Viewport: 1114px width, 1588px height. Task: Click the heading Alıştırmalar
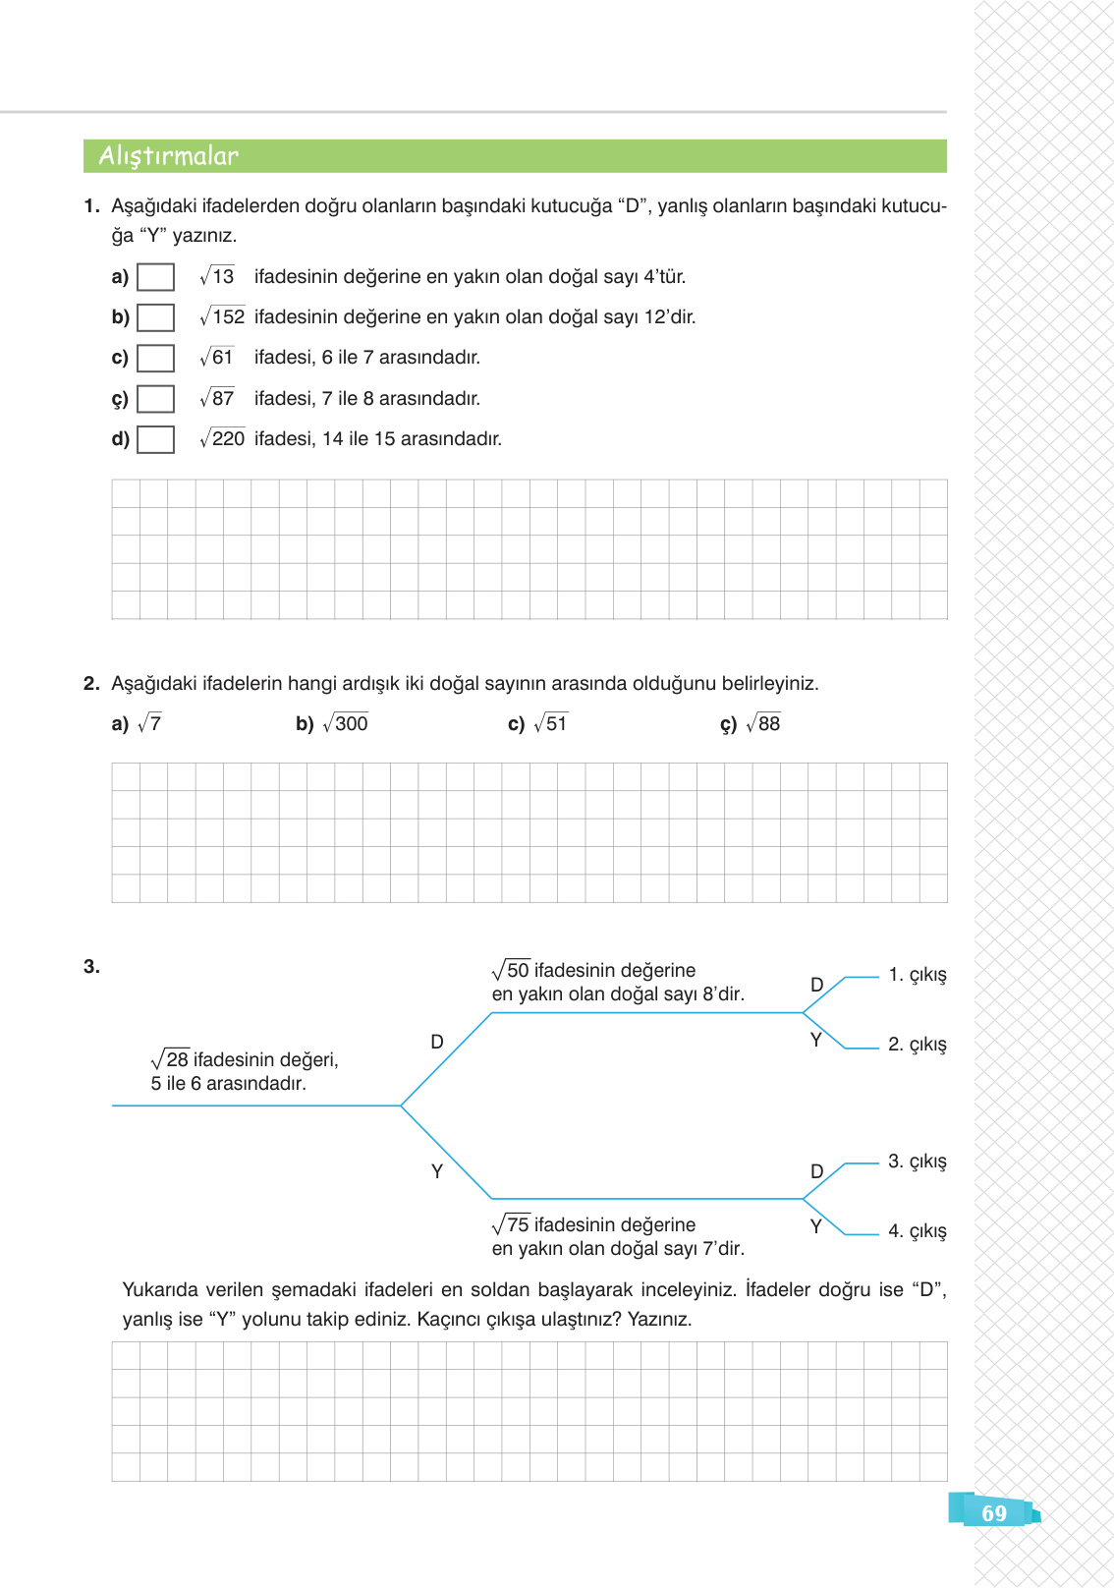coord(169,156)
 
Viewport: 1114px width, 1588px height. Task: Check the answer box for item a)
coord(155,277)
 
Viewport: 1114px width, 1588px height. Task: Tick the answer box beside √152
coord(155,317)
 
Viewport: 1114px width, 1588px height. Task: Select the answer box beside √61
coord(155,358)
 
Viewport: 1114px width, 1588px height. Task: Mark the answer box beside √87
coord(155,399)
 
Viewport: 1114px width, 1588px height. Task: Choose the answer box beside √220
coord(155,439)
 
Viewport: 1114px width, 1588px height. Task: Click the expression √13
coord(217,276)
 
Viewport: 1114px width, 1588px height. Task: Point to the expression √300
coord(345,723)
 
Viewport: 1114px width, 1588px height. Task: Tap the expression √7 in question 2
coord(149,723)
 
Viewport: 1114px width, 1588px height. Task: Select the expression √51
coord(550,723)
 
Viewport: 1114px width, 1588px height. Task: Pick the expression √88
coord(763,723)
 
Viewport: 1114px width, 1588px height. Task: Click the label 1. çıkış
coord(918,975)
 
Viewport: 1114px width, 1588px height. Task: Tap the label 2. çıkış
coord(918,1045)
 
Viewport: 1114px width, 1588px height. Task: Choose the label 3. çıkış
coord(918,1162)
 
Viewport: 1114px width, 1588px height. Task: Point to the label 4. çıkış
coord(918,1231)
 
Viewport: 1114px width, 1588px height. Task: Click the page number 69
coord(994,1513)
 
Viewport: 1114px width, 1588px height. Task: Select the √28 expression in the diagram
coord(170,1059)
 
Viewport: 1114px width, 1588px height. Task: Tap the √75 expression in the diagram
coord(511,1224)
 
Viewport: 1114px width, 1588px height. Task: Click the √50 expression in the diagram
coord(511,970)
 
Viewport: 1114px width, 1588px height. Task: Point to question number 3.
coord(91,967)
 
